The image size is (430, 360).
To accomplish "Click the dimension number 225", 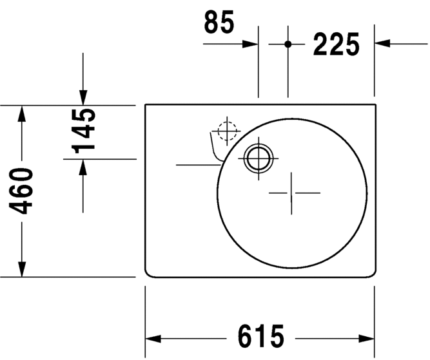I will [x=336, y=44].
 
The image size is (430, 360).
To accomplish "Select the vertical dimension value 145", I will [x=84, y=131].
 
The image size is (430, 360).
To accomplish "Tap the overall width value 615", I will [x=261, y=336].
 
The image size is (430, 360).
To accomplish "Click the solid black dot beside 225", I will [x=288, y=44].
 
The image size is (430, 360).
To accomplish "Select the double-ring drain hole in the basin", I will [x=259, y=156].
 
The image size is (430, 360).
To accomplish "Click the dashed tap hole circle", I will [x=227, y=131].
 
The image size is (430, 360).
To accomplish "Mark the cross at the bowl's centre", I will [x=294, y=193].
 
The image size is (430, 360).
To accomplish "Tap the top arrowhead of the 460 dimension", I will [x=23, y=113].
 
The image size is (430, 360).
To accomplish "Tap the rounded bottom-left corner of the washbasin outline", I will [x=148, y=274].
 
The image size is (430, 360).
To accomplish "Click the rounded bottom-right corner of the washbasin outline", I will [x=371, y=274].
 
